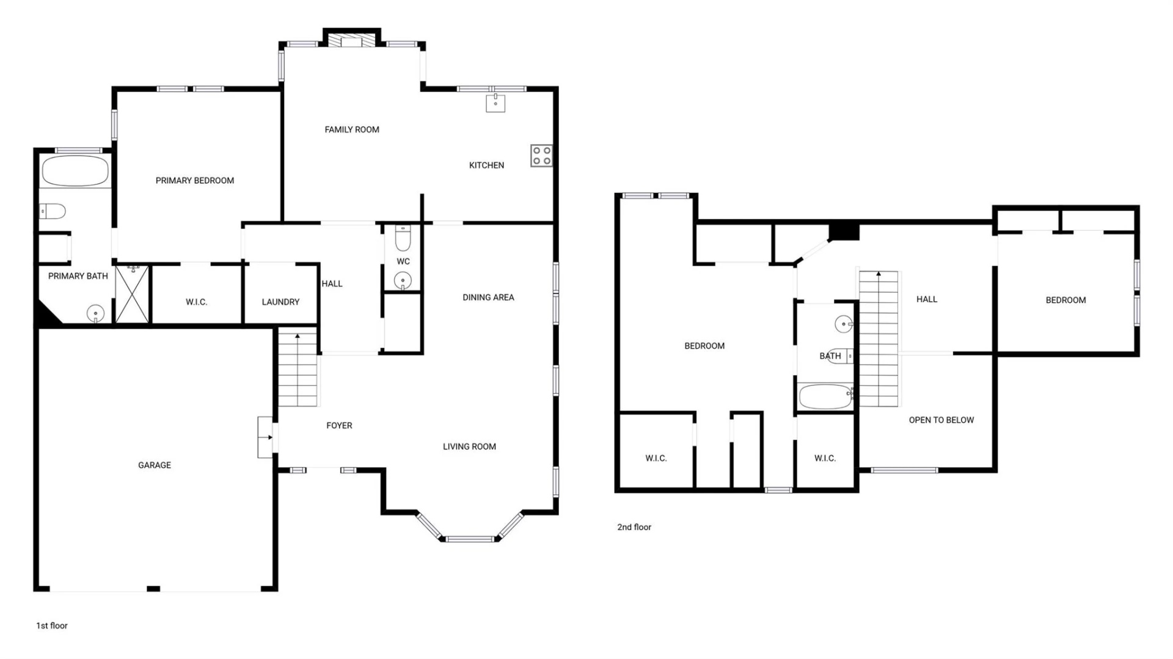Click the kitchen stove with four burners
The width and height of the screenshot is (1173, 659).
(541, 155)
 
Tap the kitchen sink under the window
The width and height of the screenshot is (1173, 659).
(495, 103)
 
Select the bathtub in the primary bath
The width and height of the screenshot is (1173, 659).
(75, 171)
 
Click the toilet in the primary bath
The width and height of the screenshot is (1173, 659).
(53, 211)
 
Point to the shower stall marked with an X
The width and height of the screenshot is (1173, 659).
(132, 294)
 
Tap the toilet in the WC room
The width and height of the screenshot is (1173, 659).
(403, 238)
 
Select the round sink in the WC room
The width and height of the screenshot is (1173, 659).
(403, 281)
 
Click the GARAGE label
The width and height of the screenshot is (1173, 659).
(155, 465)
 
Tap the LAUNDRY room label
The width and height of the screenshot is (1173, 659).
(280, 302)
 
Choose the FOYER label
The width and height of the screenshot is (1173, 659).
(339, 426)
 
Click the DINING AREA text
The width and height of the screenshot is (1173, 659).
(488, 297)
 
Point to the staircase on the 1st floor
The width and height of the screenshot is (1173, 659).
(298, 370)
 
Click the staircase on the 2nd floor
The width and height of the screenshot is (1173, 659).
(879, 338)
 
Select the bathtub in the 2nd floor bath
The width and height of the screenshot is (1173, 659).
(826, 396)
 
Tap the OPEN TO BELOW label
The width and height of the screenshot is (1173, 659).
(941, 420)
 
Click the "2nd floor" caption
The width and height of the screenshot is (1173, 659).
(634, 527)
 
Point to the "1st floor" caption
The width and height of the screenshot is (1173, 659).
(52, 625)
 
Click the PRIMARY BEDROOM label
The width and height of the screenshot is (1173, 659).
(195, 181)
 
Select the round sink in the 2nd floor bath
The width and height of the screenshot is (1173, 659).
(844, 324)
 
